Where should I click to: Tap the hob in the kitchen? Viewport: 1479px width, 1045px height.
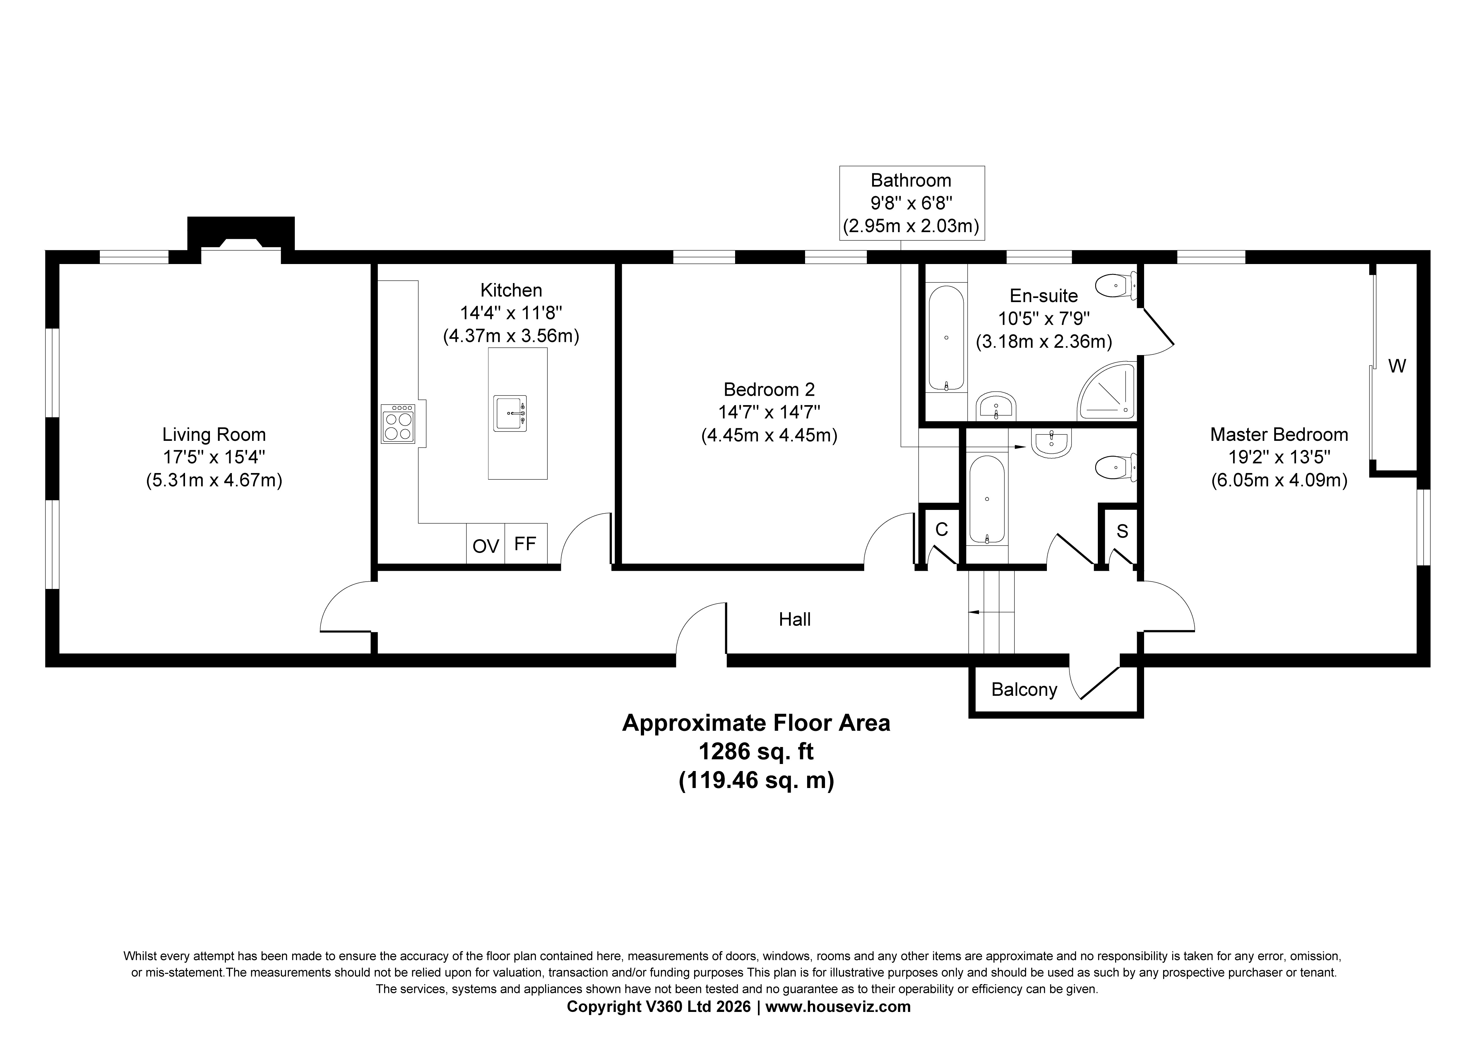point(398,423)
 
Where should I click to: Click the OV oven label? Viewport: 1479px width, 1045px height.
point(486,546)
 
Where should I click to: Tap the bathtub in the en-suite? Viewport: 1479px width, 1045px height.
point(946,338)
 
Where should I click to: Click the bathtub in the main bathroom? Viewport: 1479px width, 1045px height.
point(987,500)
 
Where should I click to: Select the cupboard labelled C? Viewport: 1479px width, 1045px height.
point(941,530)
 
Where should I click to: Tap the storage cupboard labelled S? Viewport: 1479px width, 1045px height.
point(1122,532)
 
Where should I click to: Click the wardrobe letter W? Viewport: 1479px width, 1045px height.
point(1396,366)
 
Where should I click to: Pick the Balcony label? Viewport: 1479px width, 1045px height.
point(1024,689)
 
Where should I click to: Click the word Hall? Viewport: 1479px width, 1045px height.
point(795,619)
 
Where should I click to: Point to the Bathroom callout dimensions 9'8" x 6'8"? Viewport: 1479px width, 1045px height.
point(911,203)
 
